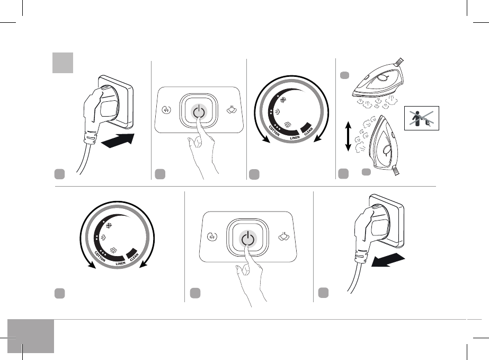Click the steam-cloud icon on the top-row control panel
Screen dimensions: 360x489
click(232, 111)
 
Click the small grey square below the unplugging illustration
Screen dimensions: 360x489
click(323, 292)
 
